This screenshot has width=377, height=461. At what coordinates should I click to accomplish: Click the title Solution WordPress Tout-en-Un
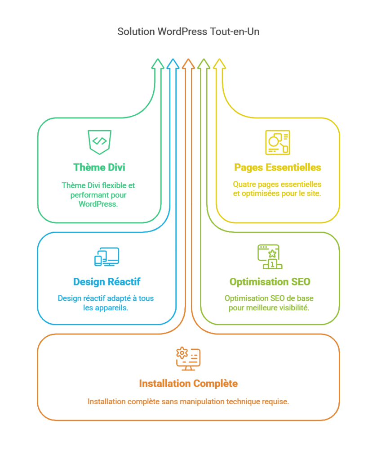(188, 32)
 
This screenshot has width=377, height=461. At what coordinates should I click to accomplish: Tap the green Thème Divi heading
(99, 167)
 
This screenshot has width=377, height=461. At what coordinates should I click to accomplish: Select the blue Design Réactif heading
(107, 282)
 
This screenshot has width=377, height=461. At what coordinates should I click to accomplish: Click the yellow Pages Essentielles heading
(278, 167)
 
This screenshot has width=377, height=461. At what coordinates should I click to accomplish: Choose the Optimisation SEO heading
(270, 282)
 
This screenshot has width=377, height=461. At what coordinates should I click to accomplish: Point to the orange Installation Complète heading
(188, 384)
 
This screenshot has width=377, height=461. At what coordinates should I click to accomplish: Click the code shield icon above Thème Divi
(99, 142)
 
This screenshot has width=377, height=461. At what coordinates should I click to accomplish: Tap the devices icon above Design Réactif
(107, 257)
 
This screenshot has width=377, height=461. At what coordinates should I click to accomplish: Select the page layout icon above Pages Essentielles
(278, 142)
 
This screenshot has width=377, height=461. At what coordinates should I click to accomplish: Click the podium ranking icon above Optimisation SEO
(270, 257)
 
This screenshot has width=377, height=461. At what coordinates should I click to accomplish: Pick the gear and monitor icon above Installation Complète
(188, 359)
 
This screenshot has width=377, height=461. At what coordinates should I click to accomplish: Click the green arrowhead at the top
(158, 64)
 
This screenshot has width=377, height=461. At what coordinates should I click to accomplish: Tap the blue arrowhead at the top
(173, 64)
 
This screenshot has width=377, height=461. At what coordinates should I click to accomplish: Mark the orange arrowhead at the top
(188, 64)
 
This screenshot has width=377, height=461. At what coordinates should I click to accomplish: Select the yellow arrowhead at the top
(219, 64)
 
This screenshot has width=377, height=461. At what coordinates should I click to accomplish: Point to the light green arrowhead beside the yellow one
(204, 64)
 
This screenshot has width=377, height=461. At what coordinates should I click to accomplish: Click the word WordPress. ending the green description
(98, 204)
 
